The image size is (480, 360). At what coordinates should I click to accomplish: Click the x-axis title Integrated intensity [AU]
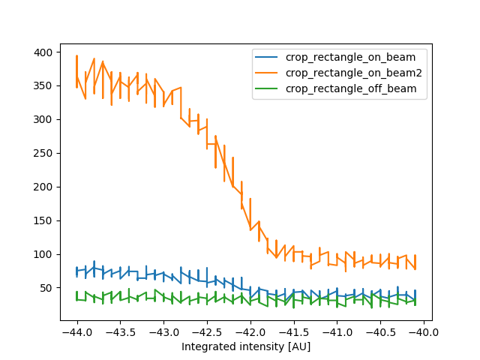tap(246, 346)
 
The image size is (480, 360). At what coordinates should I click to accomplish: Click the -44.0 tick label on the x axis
tap(76, 331)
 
